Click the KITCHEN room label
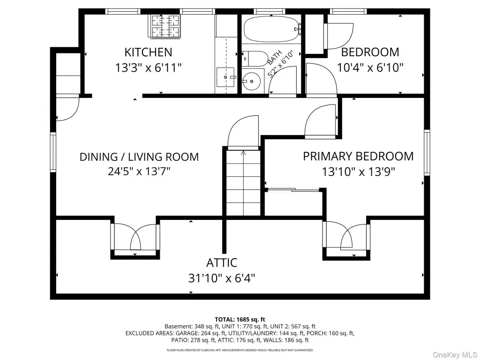pyautogui.click(x=148, y=52)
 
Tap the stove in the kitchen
pyautogui.click(x=165, y=26)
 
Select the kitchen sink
pyautogui.click(x=225, y=77)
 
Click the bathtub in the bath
pyautogui.click(x=272, y=29)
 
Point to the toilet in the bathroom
pyautogui.click(x=255, y=59)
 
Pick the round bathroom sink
pyautogui.click(x=251, y=81)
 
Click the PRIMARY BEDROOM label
pyautogui.click(x=358, y=156)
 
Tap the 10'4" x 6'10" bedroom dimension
pyautogui.click(x=370, y=67)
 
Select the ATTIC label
pyautogui.click(x=222, y=262)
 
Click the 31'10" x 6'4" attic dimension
pyautogui.click(x=222, y=278)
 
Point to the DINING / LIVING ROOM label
pyautogui.click(x=139, y=157)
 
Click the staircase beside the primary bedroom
pyautogui.click(x=243, y=183)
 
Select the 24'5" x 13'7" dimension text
pyautogui.click(x=139, y=171)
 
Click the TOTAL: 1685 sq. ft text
pyautogui.click(x=240, y=320)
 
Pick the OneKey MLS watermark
pyautogui.click(x=455, y=354)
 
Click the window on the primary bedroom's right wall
pyautogui.click(x=427, y=152)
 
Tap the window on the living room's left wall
pyautogui.click(x=53, y=152)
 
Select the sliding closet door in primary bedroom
pyautogui.click(x=293, y=190)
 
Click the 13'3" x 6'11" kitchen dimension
pyautogui.click(x=148, y=67)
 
